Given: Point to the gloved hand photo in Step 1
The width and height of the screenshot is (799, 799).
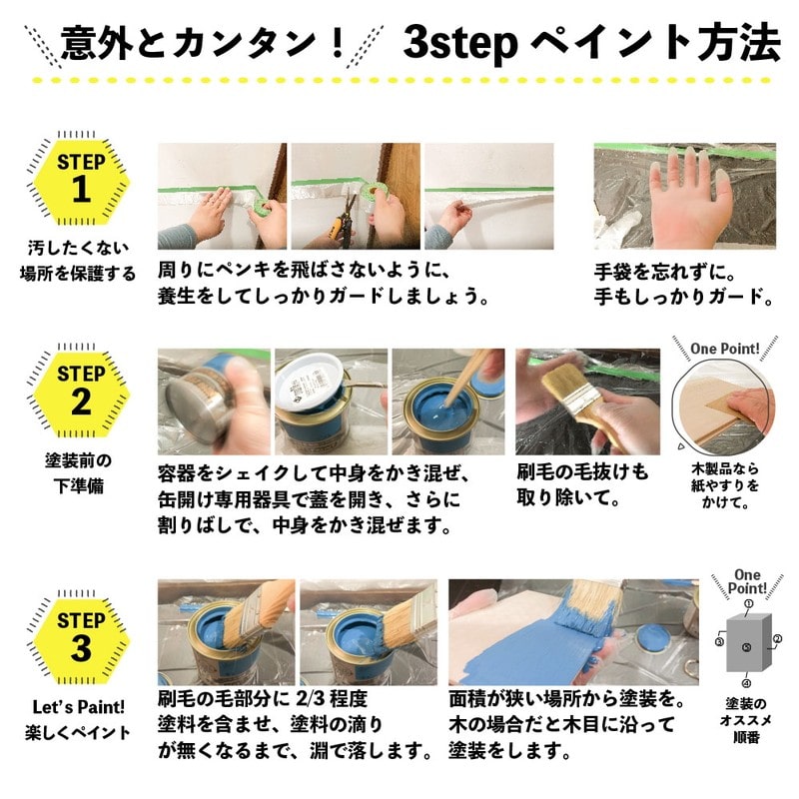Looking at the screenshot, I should click(x=684, y=196).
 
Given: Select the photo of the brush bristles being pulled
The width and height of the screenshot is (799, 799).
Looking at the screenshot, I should click(x=587, y=400).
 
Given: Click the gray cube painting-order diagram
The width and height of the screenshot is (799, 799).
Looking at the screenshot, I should click(x=747, y=645).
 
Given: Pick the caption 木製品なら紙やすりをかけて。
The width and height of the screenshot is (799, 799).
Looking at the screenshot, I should click(x=725, y=485).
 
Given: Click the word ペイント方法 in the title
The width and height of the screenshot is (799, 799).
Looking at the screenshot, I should click(x=654, y=42).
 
